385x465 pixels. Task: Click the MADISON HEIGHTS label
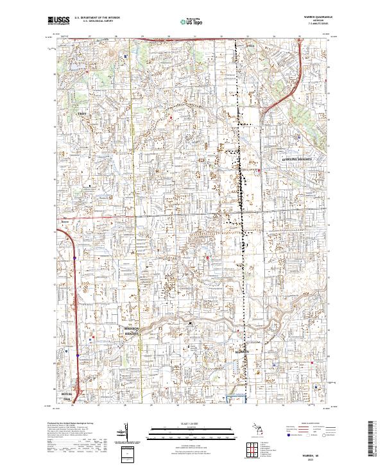click(x=132, y=332)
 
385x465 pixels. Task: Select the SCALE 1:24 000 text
click(x=192, y=421)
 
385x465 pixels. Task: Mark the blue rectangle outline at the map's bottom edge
click(x=238, y=400)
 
